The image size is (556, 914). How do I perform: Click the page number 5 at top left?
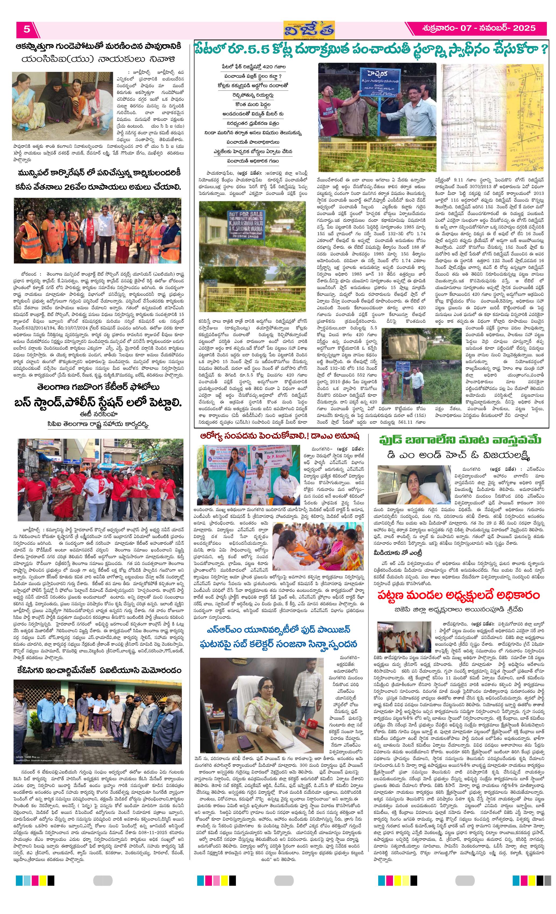click(x=27, y=29)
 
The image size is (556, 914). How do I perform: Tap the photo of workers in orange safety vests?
click(x=97, y=230)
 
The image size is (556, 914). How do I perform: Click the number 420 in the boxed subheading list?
click(x=267, y=67)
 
